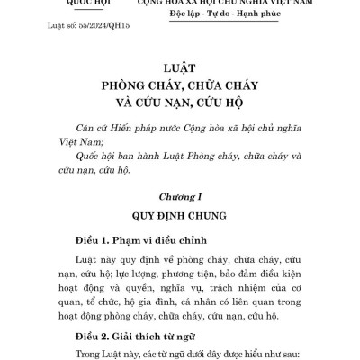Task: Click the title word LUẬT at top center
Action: (x=180, y=68)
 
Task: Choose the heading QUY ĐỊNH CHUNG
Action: (x=180, y=216)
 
